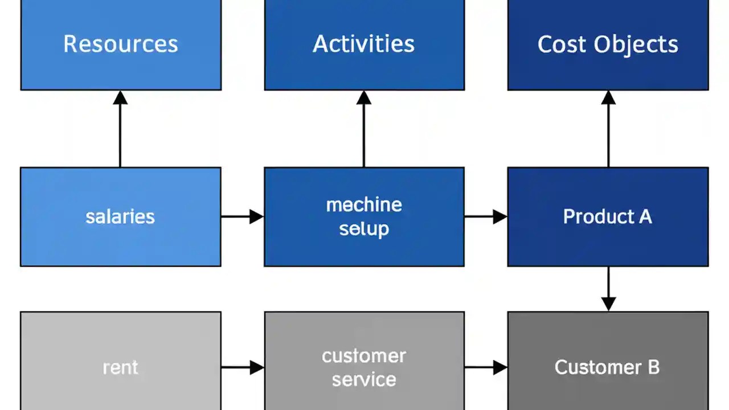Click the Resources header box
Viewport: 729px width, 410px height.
[x=121, y=44]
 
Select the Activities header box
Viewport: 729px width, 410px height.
[x=364, y=44]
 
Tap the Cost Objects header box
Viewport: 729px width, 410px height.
[x=608, y=44]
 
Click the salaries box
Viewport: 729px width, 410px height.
[x=120, y=216]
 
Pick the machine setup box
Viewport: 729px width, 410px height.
[x=364, y=216]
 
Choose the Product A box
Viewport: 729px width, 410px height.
[x=608, y=216]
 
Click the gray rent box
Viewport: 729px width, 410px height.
[x=120, y=364]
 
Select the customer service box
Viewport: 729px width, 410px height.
[x=364, y=364]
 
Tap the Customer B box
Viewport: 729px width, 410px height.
[x=608, y=364]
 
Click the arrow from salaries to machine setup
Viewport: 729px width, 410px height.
[x=242, y=216]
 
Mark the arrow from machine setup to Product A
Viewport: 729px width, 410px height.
[x=485, y=216]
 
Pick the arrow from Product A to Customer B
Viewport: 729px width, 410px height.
[x=608, y=289]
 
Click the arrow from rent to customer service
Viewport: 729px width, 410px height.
[x=242, y=367]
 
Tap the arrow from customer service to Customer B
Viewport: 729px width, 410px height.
[x=485, y=367]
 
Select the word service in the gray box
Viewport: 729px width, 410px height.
[x=364, y=379]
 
